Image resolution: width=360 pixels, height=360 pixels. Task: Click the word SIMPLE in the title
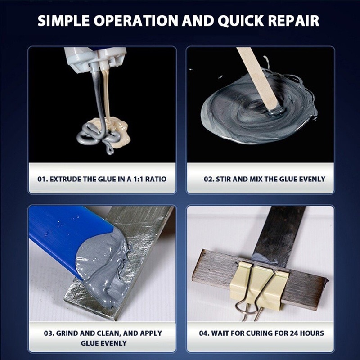click(x=63, y=21)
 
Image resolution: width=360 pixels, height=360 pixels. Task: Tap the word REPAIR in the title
click(x=293, y=21)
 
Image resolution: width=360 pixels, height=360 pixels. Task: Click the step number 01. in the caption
click(x=43, y=179)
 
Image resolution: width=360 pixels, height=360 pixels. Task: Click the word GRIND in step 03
click(x=67, y=333)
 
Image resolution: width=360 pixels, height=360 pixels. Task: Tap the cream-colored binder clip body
click(x=257, y=285)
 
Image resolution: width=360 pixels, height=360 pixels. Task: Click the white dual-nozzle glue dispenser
click(x=95, y=58)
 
